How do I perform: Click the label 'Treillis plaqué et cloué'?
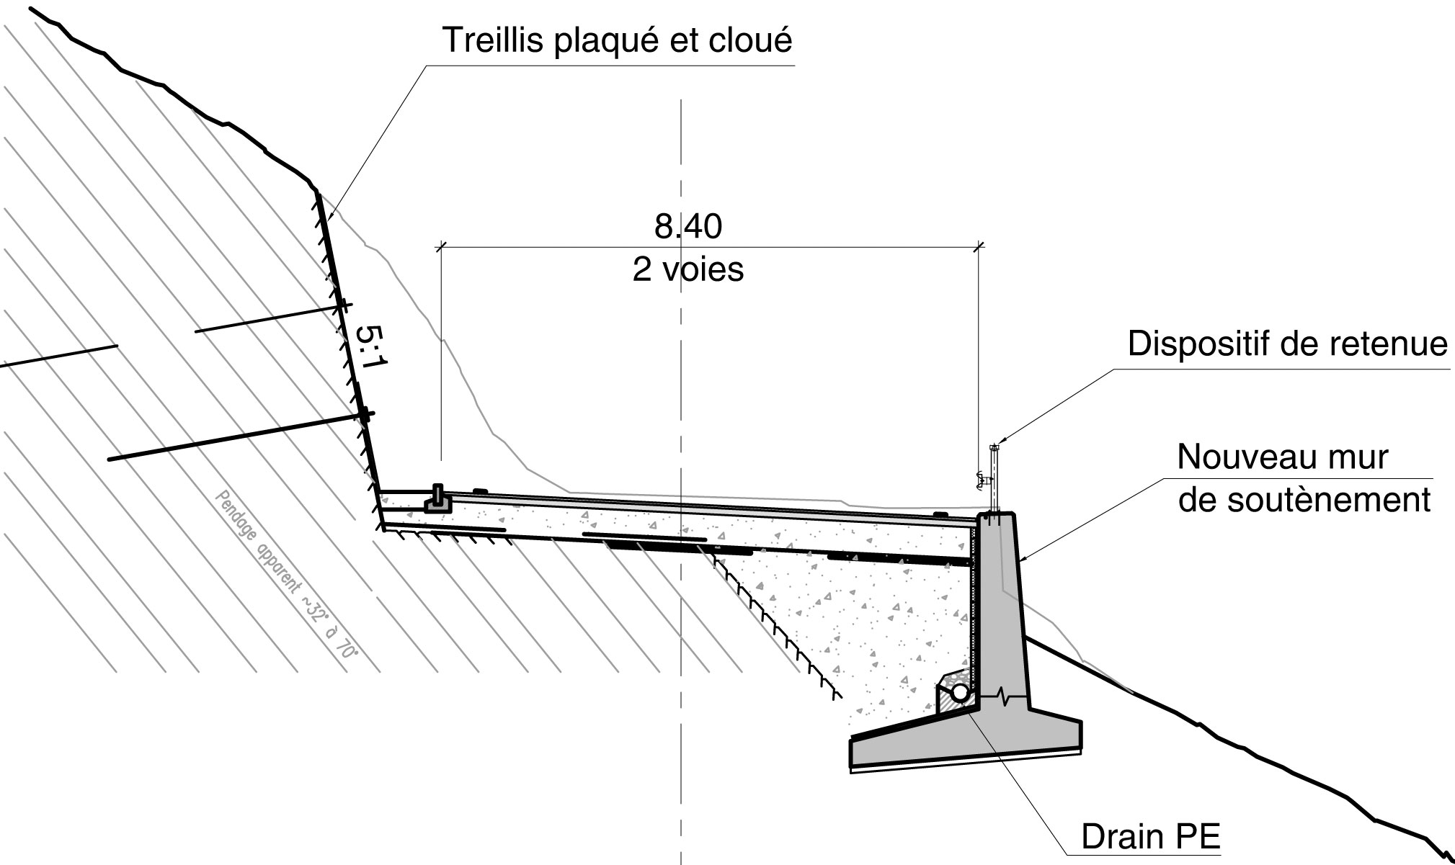[x=617, y=40]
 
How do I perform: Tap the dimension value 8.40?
[x=688, y=227]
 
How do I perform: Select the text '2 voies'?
[x=688, y=270]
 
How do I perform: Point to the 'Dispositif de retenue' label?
[x=1287, y=344]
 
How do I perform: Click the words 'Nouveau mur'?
[x=1283, y=457]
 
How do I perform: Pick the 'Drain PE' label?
[x=1150, y=837]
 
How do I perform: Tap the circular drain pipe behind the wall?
[x=959, y=693]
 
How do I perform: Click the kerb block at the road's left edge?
[x=438, y=500]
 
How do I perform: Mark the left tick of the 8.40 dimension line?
[x=441, y=247]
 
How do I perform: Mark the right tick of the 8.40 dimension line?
[x=978, y=247]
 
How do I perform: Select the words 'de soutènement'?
[x=1304, y=500]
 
